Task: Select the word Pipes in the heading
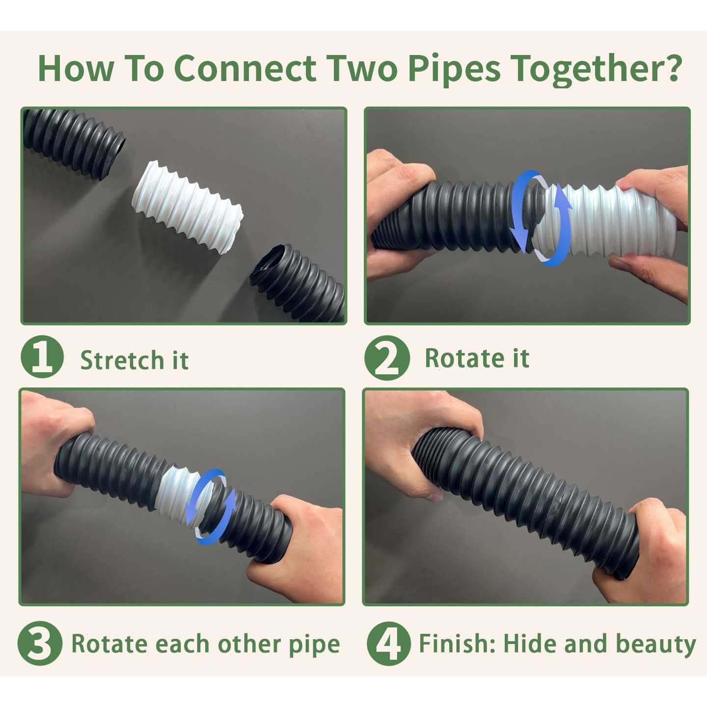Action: (x=454, y=70)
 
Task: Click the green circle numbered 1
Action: (x=42, y=357)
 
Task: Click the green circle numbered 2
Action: (x=387, y=358)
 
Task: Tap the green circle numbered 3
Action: (x=40, y=643)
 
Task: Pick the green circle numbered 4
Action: (x=388, y=643)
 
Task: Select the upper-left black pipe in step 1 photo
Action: (x=74, y=140)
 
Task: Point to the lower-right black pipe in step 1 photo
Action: (x=299, y=282)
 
